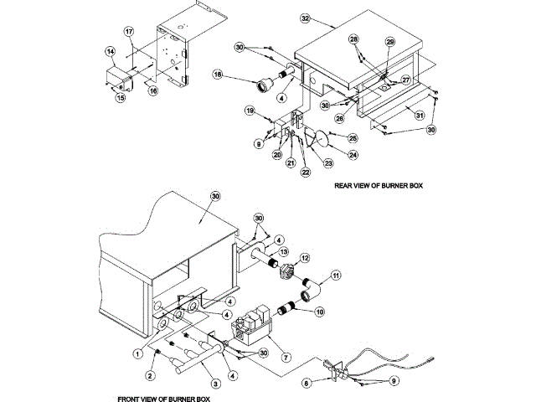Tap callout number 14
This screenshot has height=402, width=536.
[x=110, y=52]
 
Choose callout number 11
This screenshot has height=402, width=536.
[x=336, y=275]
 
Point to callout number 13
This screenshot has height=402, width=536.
[x=284, y=252]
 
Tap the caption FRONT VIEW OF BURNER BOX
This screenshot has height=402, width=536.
[x=164, y=399]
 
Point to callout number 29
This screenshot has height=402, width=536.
[x=389, y=41]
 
